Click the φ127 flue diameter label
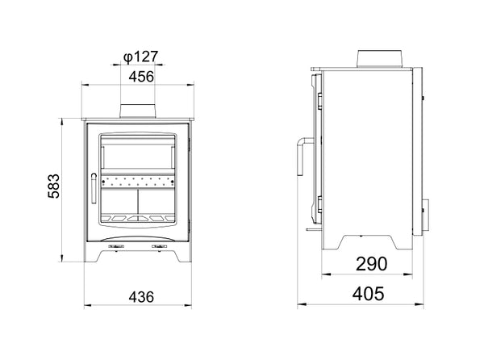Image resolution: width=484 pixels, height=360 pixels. (x=140, y=57)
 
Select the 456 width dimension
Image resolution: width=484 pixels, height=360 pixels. (x=141, y=77)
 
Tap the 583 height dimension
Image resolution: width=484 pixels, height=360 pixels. (x=54, y=186)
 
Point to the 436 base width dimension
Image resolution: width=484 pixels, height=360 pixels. (x=141, y=297)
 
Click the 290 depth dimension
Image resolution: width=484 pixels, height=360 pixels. (x=371, y=264)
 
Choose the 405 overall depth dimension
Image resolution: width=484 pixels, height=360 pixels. (x=369, y=294)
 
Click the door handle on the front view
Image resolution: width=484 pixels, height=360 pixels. (x=94, y=188)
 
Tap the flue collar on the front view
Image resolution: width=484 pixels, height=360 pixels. (x=138, y=111)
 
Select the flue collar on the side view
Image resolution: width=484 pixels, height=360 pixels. (x=380, y=59)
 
